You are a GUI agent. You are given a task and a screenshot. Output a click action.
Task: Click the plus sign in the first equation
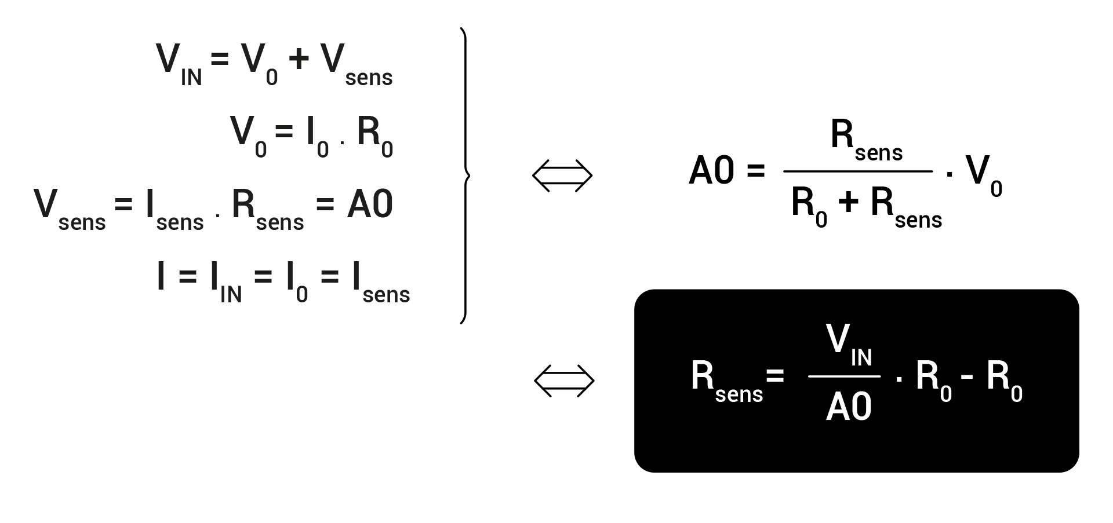[x=298, y=59]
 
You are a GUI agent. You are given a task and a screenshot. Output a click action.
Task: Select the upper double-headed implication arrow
[x=562, y=175]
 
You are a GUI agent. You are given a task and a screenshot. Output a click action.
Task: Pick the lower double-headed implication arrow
[x=564, y=381]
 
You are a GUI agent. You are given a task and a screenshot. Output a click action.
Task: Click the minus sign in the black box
[x=966, y=376]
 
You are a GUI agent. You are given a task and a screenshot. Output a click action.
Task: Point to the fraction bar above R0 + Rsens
[x=858, y=171]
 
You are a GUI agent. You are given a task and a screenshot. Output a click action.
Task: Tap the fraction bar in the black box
[x=844, y=376]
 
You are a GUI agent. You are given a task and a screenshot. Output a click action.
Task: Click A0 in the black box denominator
[x=849, y=407]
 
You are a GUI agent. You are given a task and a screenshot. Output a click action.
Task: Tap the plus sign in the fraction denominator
[x=848, y=203]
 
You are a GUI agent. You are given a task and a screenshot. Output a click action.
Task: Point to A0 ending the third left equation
[x=370, y=204]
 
